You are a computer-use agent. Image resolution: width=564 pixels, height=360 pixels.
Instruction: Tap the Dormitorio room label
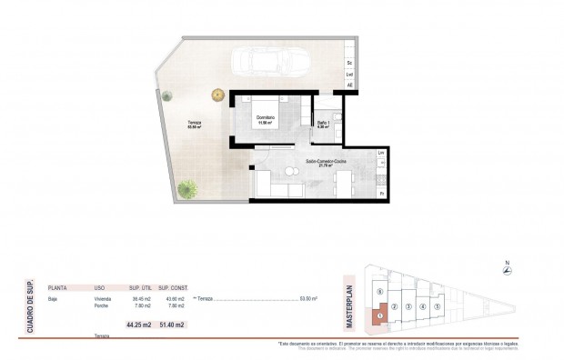266,116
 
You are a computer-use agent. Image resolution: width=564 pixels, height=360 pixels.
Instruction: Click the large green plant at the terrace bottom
187,189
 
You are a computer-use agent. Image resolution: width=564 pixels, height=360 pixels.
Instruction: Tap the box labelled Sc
350,62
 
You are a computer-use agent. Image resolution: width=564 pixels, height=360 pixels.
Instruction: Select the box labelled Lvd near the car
350,74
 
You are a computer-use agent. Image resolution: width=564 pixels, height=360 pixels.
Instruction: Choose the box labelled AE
350,85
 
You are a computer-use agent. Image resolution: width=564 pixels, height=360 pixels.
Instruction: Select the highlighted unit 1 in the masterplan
379,315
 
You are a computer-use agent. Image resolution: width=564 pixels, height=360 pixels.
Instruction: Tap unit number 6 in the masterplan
378,291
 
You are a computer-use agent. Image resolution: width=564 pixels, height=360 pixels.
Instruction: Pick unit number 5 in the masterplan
438,306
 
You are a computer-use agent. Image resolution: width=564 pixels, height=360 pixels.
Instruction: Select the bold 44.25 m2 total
139,325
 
